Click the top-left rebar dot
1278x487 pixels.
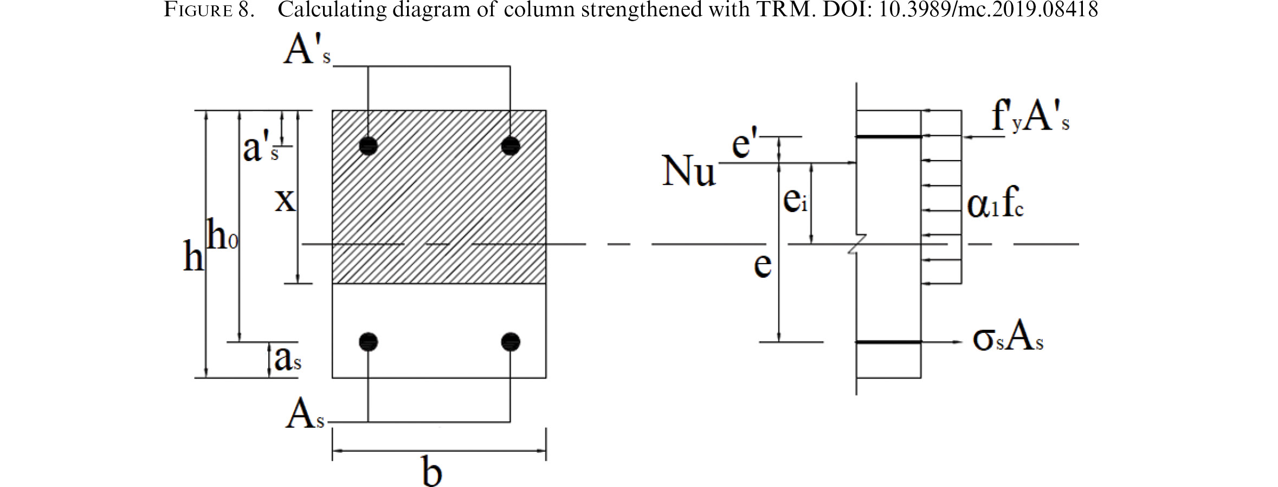tap(369, 145)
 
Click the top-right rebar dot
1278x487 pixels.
tap(511, 145)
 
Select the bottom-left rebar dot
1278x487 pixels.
tap(369, 342)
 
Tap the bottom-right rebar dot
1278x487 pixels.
tap(511, 342)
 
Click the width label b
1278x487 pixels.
tap(432, 471)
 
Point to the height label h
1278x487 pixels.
tap(193, 256)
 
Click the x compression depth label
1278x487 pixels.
tap(285, 200)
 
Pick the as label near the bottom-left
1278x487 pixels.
tap(288, 358)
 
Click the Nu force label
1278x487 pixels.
tap(689, 171)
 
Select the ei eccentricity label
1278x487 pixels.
tap(796, 200)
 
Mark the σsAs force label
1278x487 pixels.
tap(1008, 339)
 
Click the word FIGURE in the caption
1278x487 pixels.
tap(198, 9)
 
